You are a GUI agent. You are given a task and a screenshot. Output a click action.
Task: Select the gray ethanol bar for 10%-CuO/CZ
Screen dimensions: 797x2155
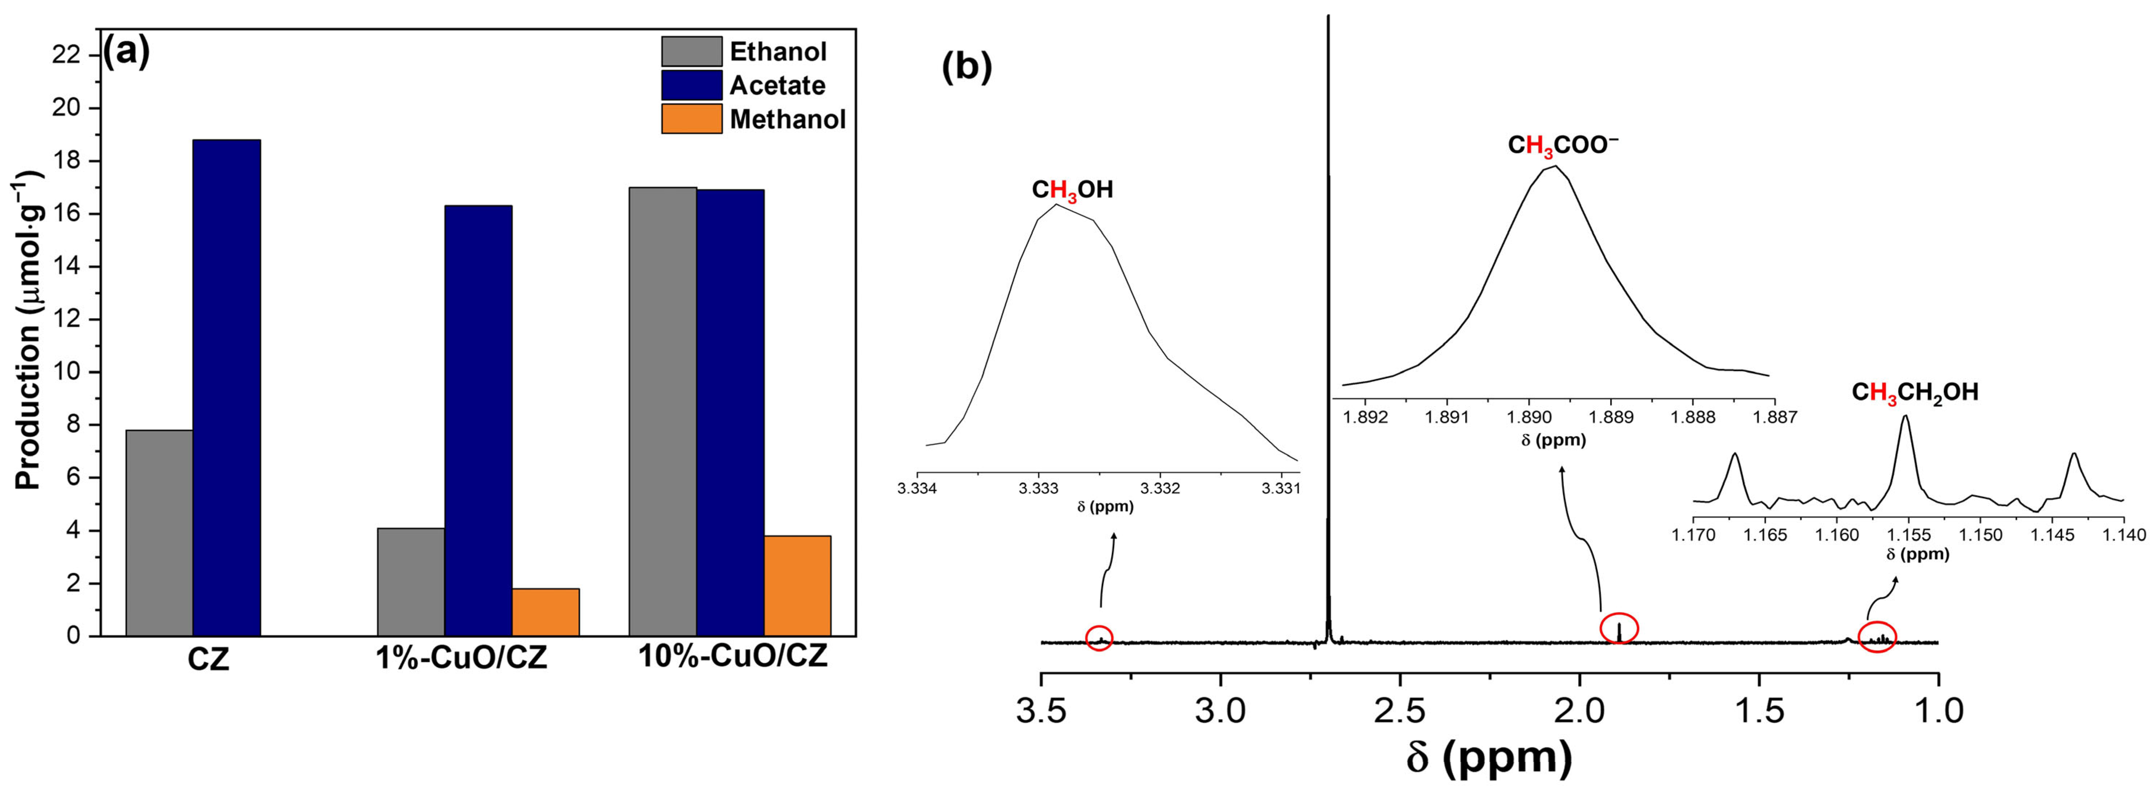pyautogui.click(x=663, y=412)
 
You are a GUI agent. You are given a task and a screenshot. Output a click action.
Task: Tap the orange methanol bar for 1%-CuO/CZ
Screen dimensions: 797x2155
pyautogui.click(x=546, y=612)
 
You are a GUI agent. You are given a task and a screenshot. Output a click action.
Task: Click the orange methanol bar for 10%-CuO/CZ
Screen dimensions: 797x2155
pyautogui.click(x=797, y=585)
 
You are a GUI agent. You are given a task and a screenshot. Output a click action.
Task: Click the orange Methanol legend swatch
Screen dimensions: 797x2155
pyautogui.click(x=691, y=119)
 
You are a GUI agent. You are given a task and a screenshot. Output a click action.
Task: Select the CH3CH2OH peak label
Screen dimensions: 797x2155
pyautogui.click(x=1914, y=392)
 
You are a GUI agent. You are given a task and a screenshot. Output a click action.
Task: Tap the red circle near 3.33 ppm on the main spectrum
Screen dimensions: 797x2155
pyautogui.click(x=1099, y=638)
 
